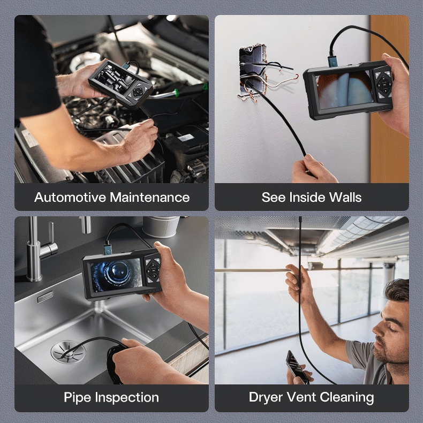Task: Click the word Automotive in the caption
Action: (x=70, y=197)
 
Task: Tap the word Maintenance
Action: (x=150, y=197)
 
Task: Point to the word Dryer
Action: (x=266, y=398)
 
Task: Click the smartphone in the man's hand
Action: (x=297, y=367)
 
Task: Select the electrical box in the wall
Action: (x=253, y=71)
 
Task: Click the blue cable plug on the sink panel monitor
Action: (x=108, y=250)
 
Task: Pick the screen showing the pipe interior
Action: (x=117, y=275)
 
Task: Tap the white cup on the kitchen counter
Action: (x=161, y=226)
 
